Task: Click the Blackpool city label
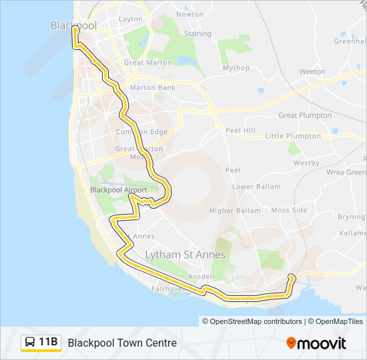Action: pos(73,25)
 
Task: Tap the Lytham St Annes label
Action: pos(186,255)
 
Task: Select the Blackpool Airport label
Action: pos(118,190)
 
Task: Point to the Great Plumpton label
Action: pos(305,115)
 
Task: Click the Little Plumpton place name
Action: pos(293,136)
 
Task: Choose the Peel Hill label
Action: pos(240,131)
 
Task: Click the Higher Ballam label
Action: pos(235,211)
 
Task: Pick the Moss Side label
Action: pos(289,210)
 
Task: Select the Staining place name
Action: pos(198,34)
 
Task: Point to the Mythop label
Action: pos(236,68)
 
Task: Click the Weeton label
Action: pos(312,71)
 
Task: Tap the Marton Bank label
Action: pos(153,87)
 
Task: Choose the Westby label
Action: pos(306,163)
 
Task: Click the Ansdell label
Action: pos(202,277)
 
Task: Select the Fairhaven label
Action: pos(167,289)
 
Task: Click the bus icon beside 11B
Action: pos(30,343)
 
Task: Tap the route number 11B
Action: pos(49,343)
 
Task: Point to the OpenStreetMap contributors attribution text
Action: pos(254,321)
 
